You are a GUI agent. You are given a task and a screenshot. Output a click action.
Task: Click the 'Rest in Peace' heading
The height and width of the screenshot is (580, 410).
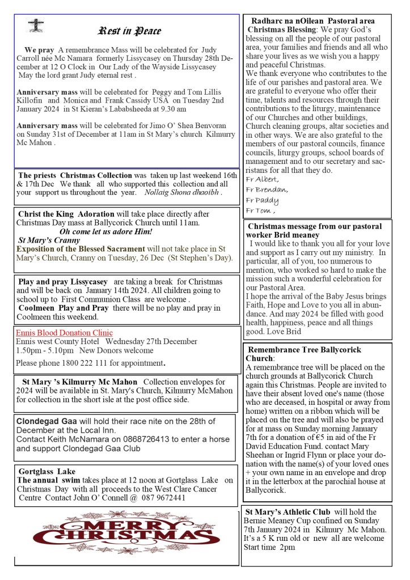(x=130, y=31)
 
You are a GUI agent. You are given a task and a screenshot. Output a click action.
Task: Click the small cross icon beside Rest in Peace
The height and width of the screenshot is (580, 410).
(x=35, y=26)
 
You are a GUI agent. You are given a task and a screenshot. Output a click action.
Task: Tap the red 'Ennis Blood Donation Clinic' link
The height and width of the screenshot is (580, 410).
(x=64, y=333)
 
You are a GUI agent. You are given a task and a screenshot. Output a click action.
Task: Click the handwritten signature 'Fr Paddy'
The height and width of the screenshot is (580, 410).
(x=262, y=201)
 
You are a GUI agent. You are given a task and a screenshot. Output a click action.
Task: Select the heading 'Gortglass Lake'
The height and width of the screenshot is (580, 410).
(x=47, y=471)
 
